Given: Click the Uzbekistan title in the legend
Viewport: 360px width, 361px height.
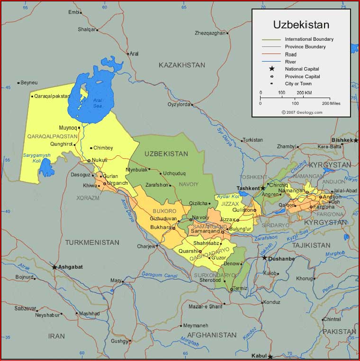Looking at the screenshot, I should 301,25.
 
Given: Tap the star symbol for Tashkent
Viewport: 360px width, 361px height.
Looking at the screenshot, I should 263,188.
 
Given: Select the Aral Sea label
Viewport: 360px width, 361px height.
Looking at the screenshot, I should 97,103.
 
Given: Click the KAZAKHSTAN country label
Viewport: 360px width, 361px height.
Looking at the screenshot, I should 182,65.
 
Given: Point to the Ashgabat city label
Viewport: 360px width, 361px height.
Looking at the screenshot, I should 71,267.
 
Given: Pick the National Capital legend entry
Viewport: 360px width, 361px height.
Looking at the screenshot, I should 302,69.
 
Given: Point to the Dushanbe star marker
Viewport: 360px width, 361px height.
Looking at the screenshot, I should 265,258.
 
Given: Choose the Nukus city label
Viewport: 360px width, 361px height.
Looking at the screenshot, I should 99,160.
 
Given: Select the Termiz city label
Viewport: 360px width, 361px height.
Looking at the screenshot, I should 240,289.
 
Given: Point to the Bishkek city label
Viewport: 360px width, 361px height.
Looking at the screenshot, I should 342,140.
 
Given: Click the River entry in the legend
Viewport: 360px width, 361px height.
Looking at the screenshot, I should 291,62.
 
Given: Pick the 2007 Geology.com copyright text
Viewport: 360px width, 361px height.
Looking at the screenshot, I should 302,112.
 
